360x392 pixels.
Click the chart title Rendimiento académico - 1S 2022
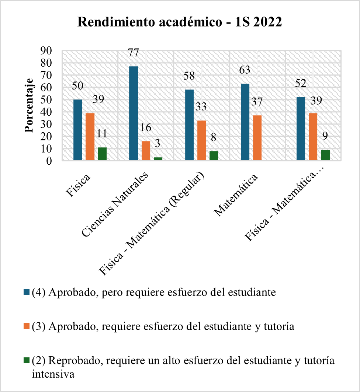pos(180,22)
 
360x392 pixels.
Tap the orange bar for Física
pos(90,137)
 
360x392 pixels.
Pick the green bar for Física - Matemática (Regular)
pos(214,156)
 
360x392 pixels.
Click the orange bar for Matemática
pos(257,138)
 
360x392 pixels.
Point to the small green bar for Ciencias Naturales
pos(158,159)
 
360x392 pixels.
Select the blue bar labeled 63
pos(245,122)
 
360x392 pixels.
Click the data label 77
pos(133,53)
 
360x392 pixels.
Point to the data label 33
pos(201,107)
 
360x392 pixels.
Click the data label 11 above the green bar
pos(102,134)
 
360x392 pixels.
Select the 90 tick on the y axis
pos(47,51)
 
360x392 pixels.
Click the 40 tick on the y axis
pos(47,112)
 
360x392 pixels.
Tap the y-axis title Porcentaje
pos(30,105)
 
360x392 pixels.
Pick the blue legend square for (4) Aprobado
pos(27,293)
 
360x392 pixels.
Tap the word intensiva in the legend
pos(53,374)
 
